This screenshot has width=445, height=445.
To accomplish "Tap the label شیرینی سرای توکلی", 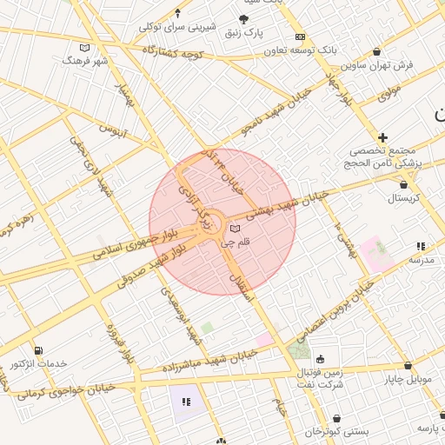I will (177, 27).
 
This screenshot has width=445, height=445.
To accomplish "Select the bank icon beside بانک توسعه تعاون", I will (300, 37).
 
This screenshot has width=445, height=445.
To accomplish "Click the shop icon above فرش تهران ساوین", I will (375, 51).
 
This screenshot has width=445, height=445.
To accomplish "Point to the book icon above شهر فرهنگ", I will (83, 48).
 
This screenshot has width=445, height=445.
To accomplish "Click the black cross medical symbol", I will (382, 137).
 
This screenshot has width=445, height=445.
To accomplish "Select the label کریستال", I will (403, 198).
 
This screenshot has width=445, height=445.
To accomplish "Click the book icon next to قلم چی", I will (233, 229).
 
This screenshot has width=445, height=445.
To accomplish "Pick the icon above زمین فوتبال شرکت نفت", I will (320, 359).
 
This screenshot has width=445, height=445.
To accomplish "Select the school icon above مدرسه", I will (421, 246).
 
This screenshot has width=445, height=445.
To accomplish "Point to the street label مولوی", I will (389, 89).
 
